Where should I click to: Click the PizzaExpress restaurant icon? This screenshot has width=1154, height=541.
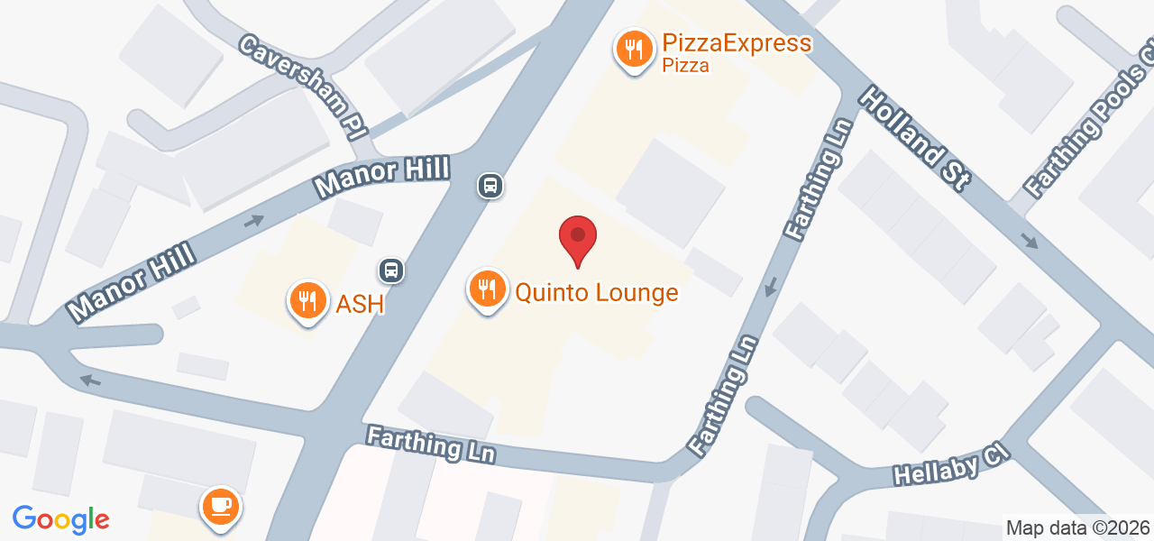[x=635, y=49]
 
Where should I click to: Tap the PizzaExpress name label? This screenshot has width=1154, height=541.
[x=736, y=42]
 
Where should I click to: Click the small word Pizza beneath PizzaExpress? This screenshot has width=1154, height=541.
[x=685, y=66]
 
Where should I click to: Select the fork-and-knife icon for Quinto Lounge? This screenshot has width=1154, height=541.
[x=487, y=289]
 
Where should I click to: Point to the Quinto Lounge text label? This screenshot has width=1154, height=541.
[x=596, y=293]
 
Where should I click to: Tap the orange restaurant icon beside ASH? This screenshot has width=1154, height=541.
[x=307, y=300]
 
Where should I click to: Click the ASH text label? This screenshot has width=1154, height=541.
[x=360, y=305]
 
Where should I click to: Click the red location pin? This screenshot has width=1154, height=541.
[x=578, y=238]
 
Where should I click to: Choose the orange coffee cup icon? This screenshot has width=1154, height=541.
[x=220, y=506]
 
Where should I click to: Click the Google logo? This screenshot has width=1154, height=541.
[x=60, y=519]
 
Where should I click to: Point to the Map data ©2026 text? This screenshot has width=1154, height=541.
[x=1077, y=528]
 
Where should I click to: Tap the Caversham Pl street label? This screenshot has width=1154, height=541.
[x=304, y=87]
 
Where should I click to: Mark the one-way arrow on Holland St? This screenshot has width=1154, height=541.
[x=1030, y=241]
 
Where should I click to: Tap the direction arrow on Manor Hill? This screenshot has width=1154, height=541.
[x=253, y=221]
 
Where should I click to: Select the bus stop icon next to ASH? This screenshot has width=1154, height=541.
[x=390, y=270]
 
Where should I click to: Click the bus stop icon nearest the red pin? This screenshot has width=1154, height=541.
[x=490, y=186]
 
